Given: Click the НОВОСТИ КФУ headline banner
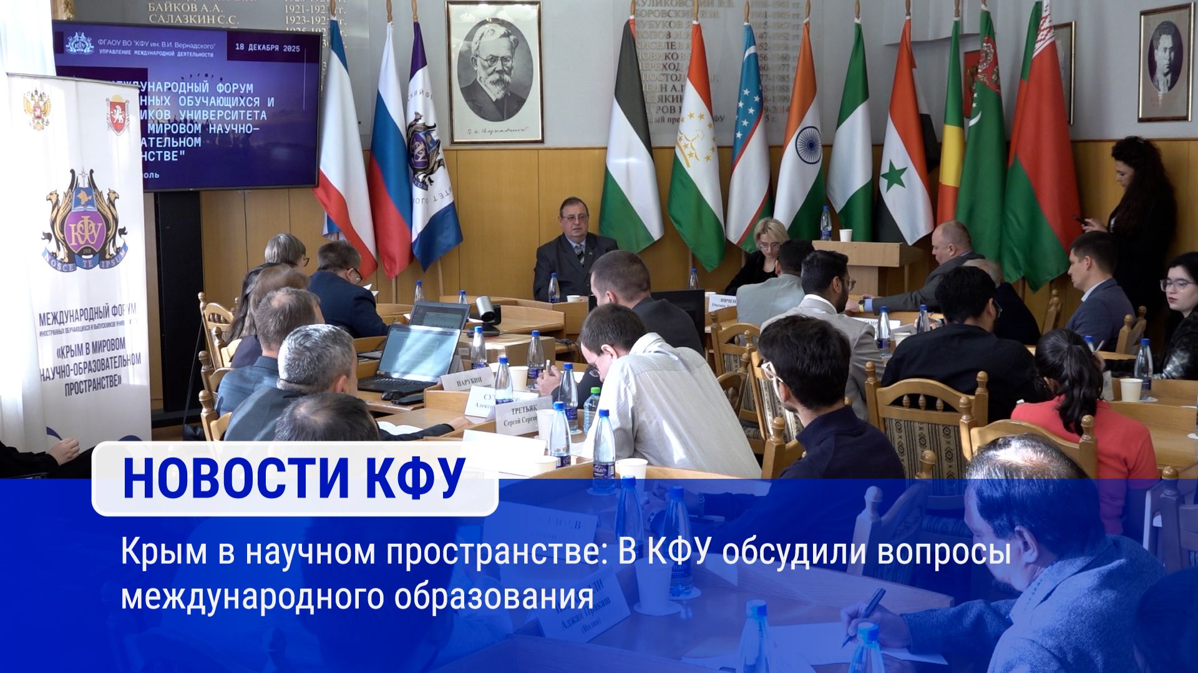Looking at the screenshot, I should (x=295, y=479).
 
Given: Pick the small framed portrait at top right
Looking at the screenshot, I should (x=1164, y=62).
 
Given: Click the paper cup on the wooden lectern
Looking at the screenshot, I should (x=845, y=235).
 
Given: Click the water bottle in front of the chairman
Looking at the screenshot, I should (x=553, y=288).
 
